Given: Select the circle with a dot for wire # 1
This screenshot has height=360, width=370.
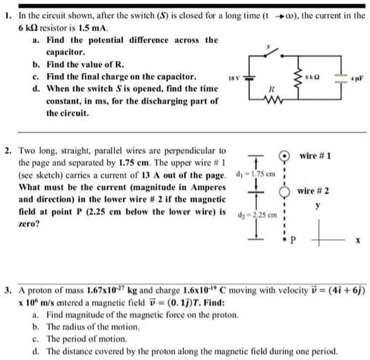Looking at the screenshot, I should tap(284, 154).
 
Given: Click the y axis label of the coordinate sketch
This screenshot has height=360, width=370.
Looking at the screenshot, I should tap(318, 206).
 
